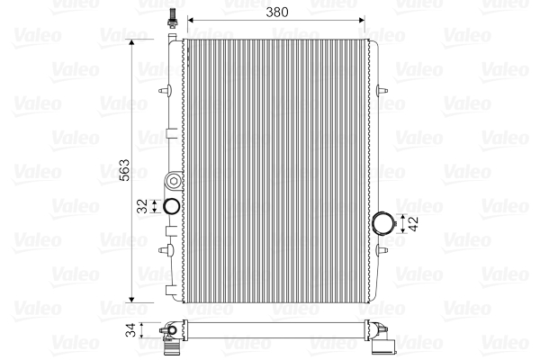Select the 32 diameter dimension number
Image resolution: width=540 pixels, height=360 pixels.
[140, 206]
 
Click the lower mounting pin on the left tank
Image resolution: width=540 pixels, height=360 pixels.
[163, 247]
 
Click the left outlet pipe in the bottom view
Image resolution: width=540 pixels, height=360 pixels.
[170, 337]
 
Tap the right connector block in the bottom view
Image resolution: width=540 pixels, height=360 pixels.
[383, 342]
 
